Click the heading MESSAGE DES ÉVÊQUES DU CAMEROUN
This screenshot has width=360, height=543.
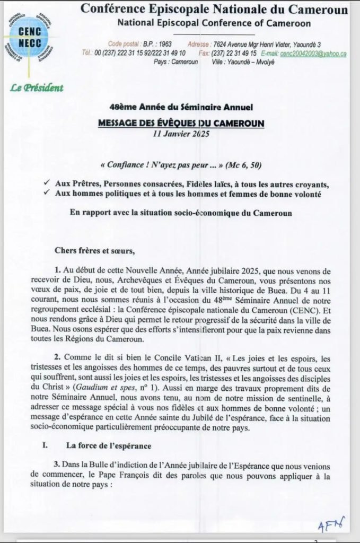click(x=182, y=123)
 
